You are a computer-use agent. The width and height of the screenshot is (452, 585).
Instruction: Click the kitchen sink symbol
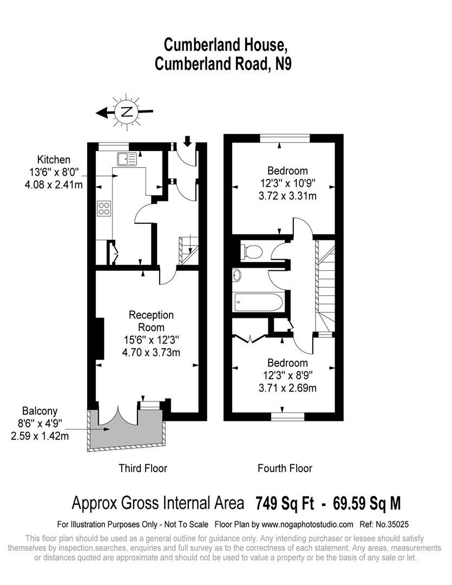128,159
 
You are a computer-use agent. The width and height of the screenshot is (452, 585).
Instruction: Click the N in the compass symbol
127,112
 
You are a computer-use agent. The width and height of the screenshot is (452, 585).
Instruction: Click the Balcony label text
40,411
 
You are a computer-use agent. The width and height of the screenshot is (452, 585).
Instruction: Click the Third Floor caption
143,468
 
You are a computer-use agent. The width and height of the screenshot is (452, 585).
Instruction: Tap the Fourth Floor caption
285,468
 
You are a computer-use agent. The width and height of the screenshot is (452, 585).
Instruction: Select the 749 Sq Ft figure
285,503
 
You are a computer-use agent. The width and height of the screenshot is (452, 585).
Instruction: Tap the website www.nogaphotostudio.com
307,524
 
